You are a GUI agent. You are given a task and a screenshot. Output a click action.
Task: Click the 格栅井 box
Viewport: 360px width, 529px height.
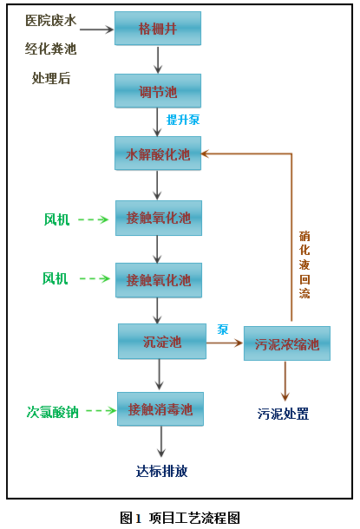click(158, 29)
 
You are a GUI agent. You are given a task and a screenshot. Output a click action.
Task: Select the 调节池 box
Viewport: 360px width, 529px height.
click(158, 90)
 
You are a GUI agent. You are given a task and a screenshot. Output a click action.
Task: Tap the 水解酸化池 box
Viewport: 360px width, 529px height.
click(158, 154)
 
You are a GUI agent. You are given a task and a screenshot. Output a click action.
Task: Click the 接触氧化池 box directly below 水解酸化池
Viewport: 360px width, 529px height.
click(158, 218)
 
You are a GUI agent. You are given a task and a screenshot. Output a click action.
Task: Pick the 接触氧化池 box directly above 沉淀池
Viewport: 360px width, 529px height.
click(158, 280)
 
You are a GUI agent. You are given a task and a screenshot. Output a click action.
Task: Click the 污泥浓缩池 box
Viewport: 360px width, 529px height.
click(287, 344)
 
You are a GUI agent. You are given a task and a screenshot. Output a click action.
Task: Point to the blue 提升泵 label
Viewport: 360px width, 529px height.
click(183, 120)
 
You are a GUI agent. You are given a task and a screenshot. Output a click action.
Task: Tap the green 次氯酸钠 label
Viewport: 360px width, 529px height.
click(53, 411)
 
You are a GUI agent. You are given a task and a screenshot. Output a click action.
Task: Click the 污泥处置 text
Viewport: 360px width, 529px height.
click(283, 414)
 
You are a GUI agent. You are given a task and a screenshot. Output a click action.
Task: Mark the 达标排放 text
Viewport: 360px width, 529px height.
click(161, 472)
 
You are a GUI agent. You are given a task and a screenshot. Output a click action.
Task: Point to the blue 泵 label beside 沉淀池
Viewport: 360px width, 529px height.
click(223, 330)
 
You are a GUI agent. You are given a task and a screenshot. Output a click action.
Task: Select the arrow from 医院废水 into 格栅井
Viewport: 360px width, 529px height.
click(96, 29)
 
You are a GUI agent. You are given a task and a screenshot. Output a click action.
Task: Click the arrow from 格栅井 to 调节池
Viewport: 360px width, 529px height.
click(158, 59)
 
